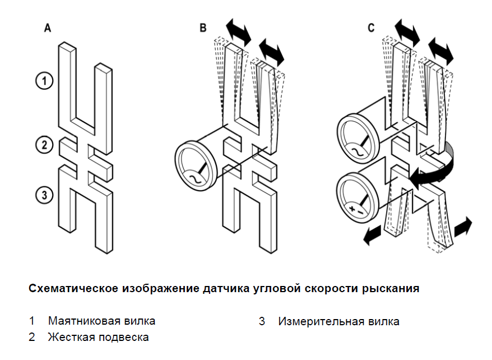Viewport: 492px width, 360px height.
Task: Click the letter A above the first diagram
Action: (48, 27)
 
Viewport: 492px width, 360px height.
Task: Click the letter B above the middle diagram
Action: (203, 27)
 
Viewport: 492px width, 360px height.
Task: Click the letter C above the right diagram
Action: (371, 27)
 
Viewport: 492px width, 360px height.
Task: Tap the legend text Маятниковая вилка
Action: (101, 321)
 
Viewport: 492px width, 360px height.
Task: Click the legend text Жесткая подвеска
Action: (98, 337)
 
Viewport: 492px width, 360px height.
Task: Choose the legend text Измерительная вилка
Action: (338, 321)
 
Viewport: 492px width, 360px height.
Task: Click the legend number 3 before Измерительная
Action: (262, 321)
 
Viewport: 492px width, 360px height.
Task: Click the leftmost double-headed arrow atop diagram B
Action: (238, 31)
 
